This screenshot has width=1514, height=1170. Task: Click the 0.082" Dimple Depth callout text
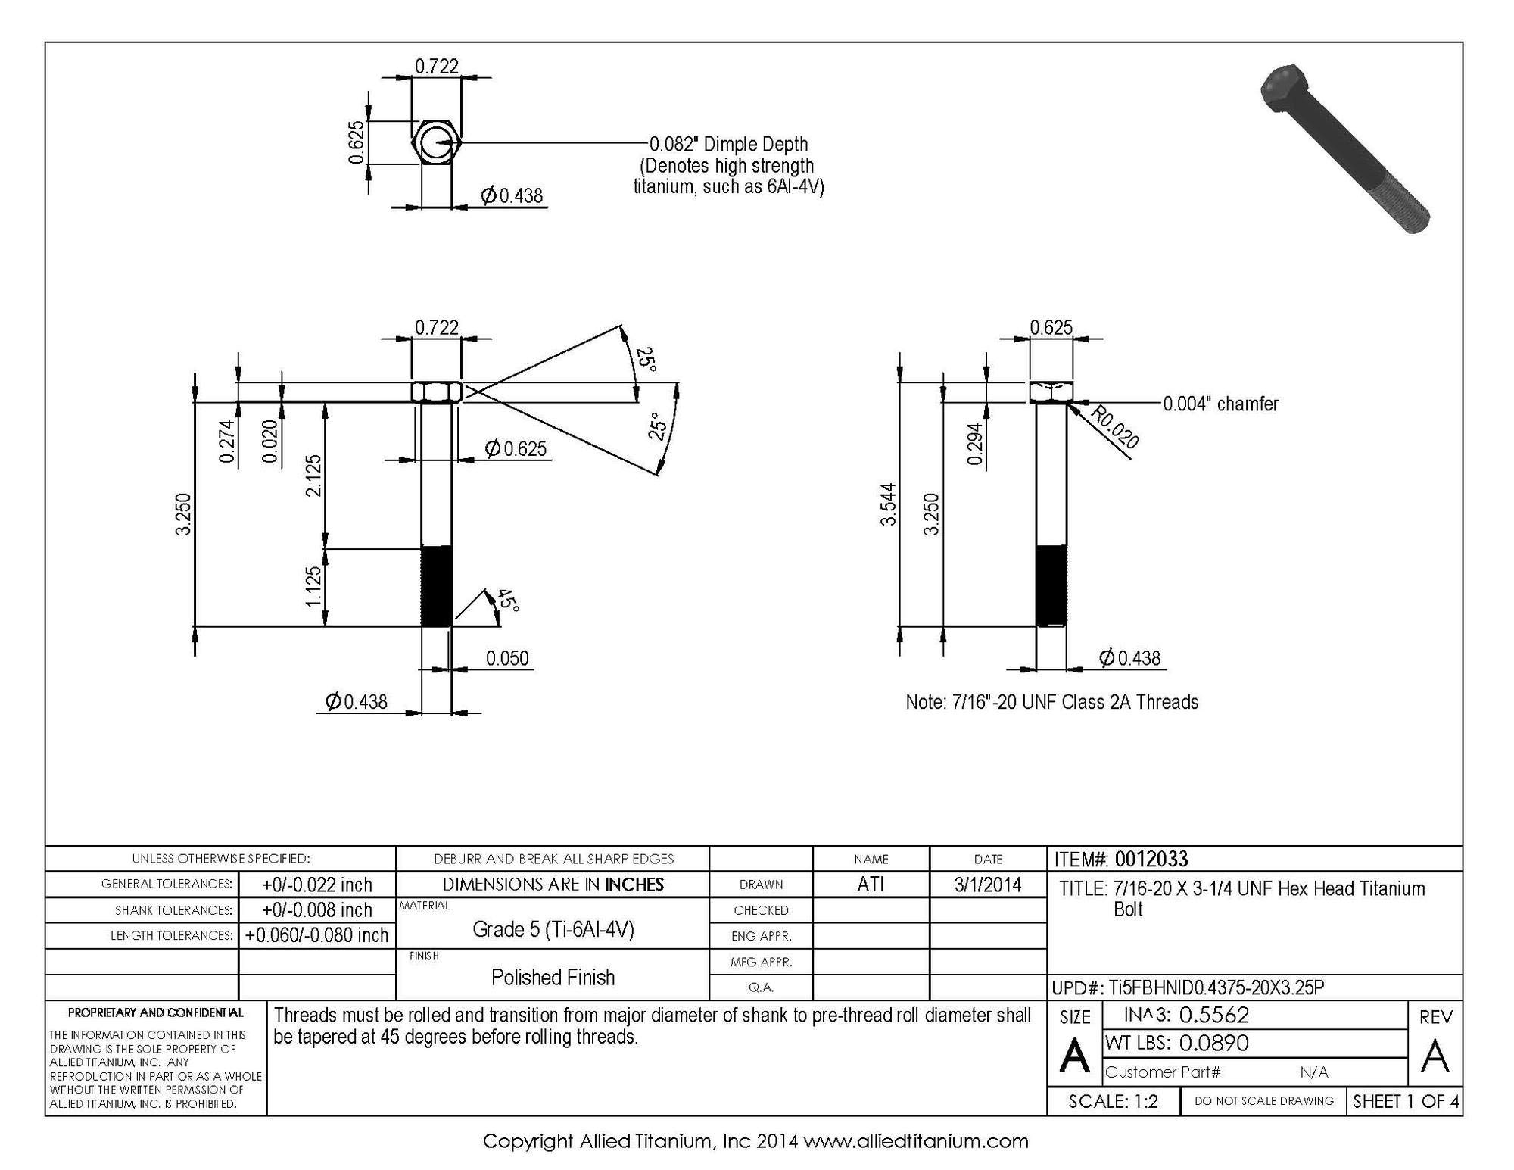click(729, 144)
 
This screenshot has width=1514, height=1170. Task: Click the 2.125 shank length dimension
click(313, 476)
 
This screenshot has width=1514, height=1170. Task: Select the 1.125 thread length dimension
click(313, 587)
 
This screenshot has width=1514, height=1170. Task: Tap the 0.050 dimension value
click(507, 658)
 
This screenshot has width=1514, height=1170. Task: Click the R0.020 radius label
click(1114, 427)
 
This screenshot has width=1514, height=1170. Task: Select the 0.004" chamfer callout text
click(1221, 404)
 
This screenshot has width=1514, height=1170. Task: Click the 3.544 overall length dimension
click(889, 504)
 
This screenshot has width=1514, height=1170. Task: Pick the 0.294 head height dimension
click(976, 444)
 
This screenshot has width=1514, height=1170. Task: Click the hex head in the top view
click(436, 142)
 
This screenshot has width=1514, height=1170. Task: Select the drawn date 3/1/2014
click(988, 885)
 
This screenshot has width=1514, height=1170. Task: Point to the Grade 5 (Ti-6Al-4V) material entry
click(553, 929)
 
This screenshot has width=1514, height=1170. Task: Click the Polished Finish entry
click(553, 977)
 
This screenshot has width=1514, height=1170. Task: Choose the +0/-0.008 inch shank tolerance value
click(317, 909)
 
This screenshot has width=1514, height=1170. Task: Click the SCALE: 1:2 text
click(1114, 1101)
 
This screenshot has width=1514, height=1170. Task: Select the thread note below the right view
click(1052, 702)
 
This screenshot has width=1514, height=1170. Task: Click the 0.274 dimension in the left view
click(226, 441)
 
